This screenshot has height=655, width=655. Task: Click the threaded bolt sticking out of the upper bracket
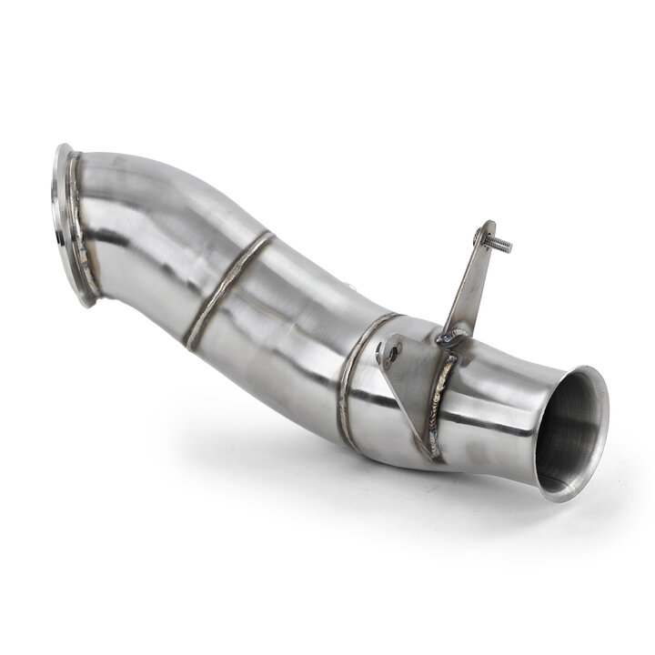tap(499, 242)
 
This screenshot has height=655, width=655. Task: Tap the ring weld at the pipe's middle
tap(227, 289)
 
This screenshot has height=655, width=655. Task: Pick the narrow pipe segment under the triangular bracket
tap(391, 428)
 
